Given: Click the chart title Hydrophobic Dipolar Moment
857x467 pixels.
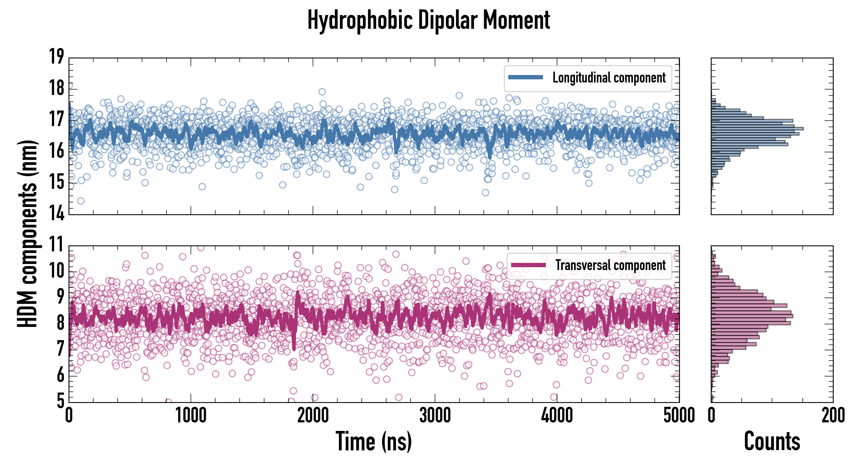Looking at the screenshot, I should (x=428, y=20).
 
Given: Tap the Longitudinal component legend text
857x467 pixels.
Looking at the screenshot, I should (x=609, y=78).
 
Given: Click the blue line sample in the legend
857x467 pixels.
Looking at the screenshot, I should (x=526, y=78).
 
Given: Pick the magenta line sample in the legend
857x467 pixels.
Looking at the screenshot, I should (x=528, y=265).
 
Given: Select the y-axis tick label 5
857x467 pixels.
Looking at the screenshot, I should (x=61, y=401).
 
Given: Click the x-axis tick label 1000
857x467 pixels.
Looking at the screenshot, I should (x=191, y=415).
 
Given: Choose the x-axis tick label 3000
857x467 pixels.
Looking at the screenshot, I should (x=435, y=415).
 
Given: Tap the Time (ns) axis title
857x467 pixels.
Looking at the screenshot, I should (x=374, y=441).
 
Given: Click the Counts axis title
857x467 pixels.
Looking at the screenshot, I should (x=772, y=441).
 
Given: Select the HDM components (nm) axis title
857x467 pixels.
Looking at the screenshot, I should (x=27, y=233).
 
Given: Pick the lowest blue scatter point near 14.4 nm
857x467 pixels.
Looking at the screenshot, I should (x=81, y=201).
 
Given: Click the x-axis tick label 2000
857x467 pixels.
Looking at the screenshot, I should (x=313, y=415).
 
